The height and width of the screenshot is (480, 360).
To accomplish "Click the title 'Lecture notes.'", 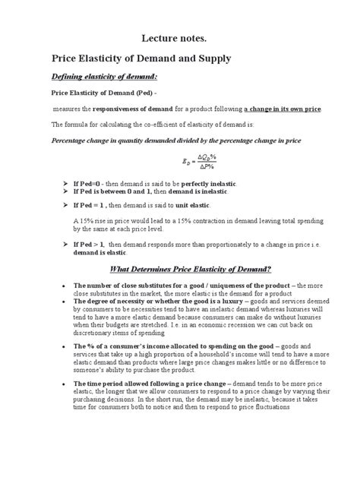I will pos(179,37).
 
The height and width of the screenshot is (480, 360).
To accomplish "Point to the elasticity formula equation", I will pos(200,161).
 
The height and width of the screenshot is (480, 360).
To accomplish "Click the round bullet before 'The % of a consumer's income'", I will pos(62,346).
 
